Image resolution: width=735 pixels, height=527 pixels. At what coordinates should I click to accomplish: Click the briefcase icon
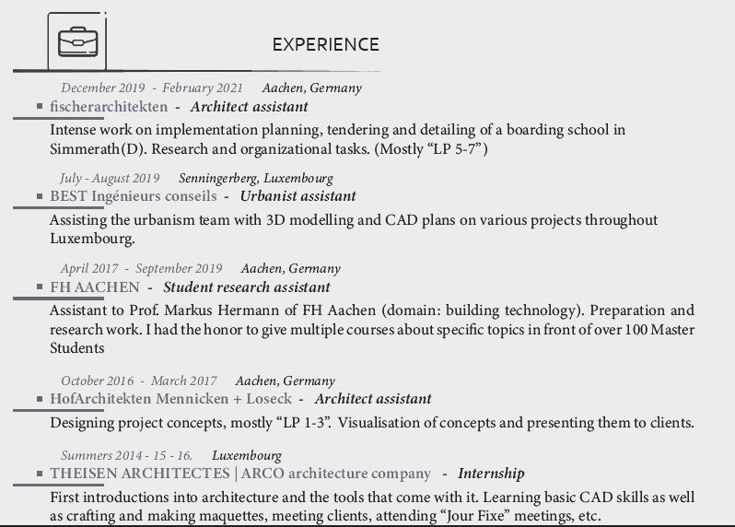pyautogui.click(x=77, y=41)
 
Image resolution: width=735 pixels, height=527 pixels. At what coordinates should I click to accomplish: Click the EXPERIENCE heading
pyautogui.click(x=325, y=44)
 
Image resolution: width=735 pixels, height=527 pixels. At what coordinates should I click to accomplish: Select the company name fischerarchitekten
pyautogui.click(x=109, y=107)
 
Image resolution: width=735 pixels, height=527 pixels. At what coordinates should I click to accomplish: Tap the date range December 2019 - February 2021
pyautogui.click(x=152, y=88)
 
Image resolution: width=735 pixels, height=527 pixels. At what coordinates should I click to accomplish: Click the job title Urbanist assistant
pyautogui.click(x=297, y=196)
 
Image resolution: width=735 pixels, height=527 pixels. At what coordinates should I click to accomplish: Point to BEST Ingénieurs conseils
pyautogui.click(x=134, y=196)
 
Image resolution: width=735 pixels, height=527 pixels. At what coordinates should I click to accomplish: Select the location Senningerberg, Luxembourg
pyautogui.click(x=262, y=178)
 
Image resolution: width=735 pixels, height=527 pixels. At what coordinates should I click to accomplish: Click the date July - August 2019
pyautogui.click(x=110, y=178)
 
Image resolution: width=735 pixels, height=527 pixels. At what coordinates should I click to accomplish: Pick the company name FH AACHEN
pyautogui.click(x=95, y=287)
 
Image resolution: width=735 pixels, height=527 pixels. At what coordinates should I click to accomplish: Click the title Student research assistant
pyautogui.click(x=246, y=287)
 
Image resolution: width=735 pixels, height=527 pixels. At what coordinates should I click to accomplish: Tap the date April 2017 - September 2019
pyautogui.click(x=142, y=269)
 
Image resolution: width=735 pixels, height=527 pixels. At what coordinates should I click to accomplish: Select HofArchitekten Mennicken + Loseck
pyautogui.click(x=170, y=399)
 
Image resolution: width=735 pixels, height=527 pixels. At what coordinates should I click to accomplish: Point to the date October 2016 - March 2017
pyautogui.click(x=139, y=381)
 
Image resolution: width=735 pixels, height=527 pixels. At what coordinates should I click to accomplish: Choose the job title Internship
pyautogui.click(x=491, y=474)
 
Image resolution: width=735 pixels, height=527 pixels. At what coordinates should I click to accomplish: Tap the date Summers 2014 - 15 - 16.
pyautogui.click(x=127, y=455)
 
